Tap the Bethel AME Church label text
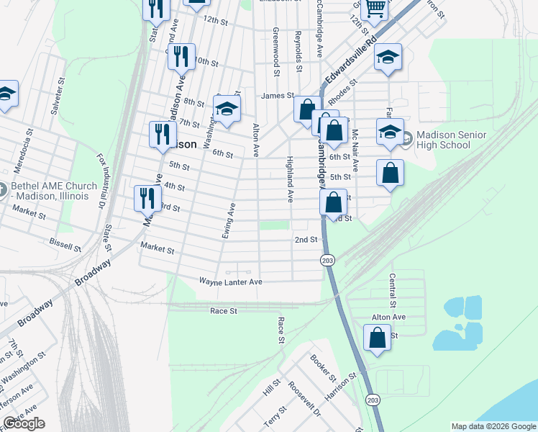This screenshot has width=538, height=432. (x=54, y=192)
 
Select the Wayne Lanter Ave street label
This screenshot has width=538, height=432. (x=230, y=282)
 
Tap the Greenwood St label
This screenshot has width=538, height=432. (x=275, y=52)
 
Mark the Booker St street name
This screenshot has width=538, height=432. (x=322, y=367)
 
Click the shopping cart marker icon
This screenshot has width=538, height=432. (x=375, y=8)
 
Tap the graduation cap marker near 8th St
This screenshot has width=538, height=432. (x=227, y=111)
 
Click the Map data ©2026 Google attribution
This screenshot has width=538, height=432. (x=493, y=426)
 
